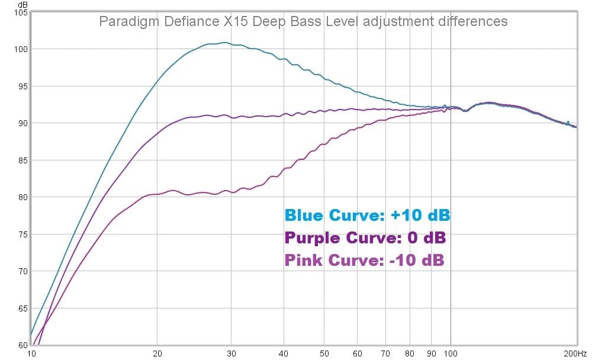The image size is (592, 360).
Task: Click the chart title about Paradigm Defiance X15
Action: (x=303, y=21)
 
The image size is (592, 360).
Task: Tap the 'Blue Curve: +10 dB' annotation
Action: (x=367, y=216)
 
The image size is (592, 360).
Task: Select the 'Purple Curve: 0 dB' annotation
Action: (x=365, y=238)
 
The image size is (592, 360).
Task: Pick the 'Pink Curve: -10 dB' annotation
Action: (x=364, y=260)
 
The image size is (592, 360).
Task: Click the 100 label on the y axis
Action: (x=21, y=49)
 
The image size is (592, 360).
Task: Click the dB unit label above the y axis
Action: (x=23, y=4)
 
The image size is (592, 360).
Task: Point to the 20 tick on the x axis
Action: (x=157, y=353)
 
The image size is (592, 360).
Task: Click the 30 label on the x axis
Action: (x=231, y=353)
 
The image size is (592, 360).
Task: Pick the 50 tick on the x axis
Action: (x=324, y=353)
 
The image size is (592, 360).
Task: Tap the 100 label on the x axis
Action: (x=451, y=353)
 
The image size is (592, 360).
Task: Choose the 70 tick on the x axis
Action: (x=385, y=353)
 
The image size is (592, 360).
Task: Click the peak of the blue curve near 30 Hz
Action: (x=224, y=43)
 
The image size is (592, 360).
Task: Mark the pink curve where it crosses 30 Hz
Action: (x=231, y=191)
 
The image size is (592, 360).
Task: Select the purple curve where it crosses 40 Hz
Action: (x=284, y=114)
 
